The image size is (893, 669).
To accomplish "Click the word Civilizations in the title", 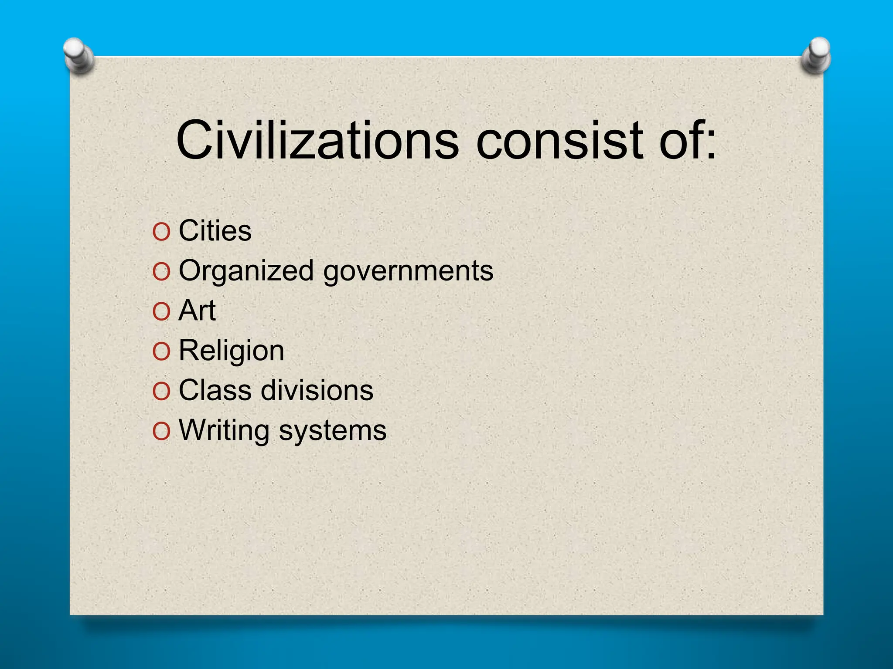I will pyautogui.click(x=317, y=140).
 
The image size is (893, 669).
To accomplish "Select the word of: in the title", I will pyautogui.click(x=687, y=140).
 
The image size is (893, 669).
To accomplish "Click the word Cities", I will pyautogui.click(x=215, y=230).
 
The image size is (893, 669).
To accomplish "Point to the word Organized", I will pyautogui.click(x=246, y=271).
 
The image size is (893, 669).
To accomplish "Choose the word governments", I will pyautogui.click(x=408, y=271).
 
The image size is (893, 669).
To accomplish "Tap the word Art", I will pyautogui.click(x=197, y=311).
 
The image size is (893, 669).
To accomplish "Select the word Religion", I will pyautogui.click(x=232, y=351).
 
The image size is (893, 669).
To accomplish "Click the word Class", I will pyautogui.click(x=215, y=390).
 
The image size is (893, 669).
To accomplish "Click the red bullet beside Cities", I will pyautogui.click(x=161, y=232).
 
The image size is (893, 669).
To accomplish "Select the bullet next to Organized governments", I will pyautogui.click(x=161, y=272).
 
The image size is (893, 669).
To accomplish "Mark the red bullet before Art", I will pyautogui.click(x=161, y=312).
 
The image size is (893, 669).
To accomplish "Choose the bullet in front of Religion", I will pyautogui.click(x=161, y=351).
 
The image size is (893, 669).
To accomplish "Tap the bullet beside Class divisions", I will pyautogui.click(x=161, y=392).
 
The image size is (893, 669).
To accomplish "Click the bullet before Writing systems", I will pyautogui.click(x=161, y=432).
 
